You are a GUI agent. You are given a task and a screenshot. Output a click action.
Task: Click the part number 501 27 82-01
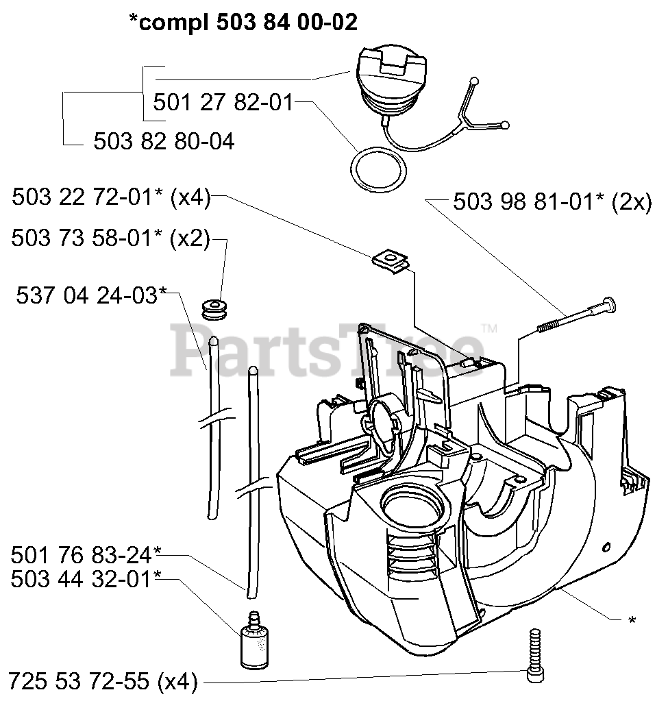[x=222, y=103]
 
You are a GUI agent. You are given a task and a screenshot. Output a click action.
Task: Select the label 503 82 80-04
[x=163, y=142]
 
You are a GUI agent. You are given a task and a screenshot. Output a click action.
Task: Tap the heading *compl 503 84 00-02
[x=243, y=23]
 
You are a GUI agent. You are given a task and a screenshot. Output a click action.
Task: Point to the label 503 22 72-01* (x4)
[x=110, y=198]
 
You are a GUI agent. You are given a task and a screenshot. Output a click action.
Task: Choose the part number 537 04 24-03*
[x=91, y=295]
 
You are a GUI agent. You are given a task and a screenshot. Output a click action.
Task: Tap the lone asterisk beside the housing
[x=632, y=620]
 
